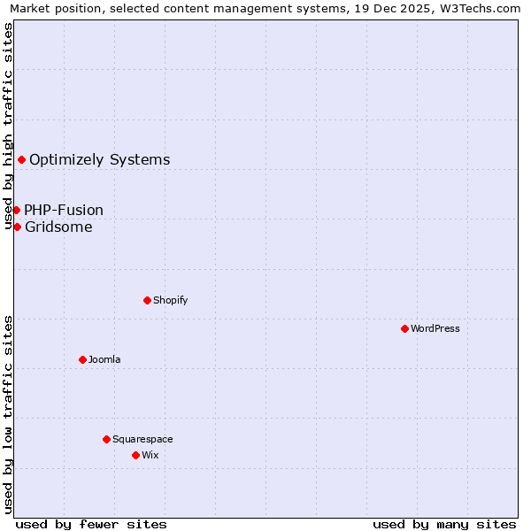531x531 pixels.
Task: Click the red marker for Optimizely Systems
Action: click(x=21, y=159)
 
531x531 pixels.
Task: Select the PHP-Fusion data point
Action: click(x=16, y=210)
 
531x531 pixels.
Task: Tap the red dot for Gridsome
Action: click(x=17, y=227)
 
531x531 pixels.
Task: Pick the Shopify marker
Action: click(x=147, y=300)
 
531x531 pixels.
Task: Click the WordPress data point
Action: click(x=404, y=328)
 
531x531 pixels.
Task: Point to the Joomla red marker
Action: click(x=82, y=359)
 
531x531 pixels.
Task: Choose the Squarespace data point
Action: click(x=106, y=439)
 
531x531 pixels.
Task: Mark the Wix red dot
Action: click(x=135, y=455)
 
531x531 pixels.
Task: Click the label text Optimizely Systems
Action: click(x=99, y=160)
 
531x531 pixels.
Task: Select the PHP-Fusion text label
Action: click(x=64, y=211)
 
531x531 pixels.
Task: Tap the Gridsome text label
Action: click(x=58, y=227)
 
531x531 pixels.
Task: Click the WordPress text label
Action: click(x=435, y=328)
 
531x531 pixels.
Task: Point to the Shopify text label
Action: click(x=171, y=300)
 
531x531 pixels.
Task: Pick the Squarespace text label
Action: click(x=142, y=439)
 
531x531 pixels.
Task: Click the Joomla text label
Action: click(x=104, y=359)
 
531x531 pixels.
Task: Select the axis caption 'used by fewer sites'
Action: click(x=91, y=524)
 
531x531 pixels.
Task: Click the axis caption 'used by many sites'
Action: click(x=444, y=524)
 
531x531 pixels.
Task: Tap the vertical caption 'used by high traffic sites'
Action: click(x=8, y=126)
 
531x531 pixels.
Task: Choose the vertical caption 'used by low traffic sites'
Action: click(x=8, y=414)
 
